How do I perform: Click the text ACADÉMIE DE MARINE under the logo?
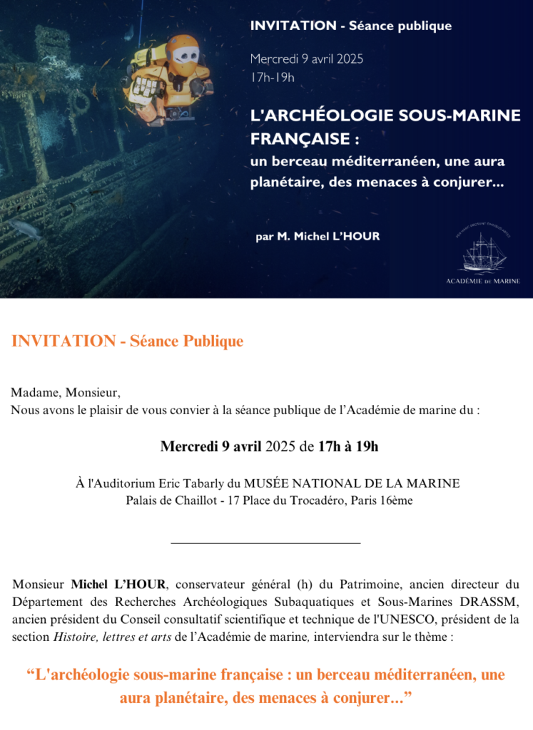point(488,281)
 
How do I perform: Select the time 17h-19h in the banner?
point(272,76)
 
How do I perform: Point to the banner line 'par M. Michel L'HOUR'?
point(318,236)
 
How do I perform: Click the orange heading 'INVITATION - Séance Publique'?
point(127,341)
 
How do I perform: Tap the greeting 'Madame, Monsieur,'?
point(66,393)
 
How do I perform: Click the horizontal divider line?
point(266,544)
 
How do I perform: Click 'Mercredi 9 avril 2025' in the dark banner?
point(307,59)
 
